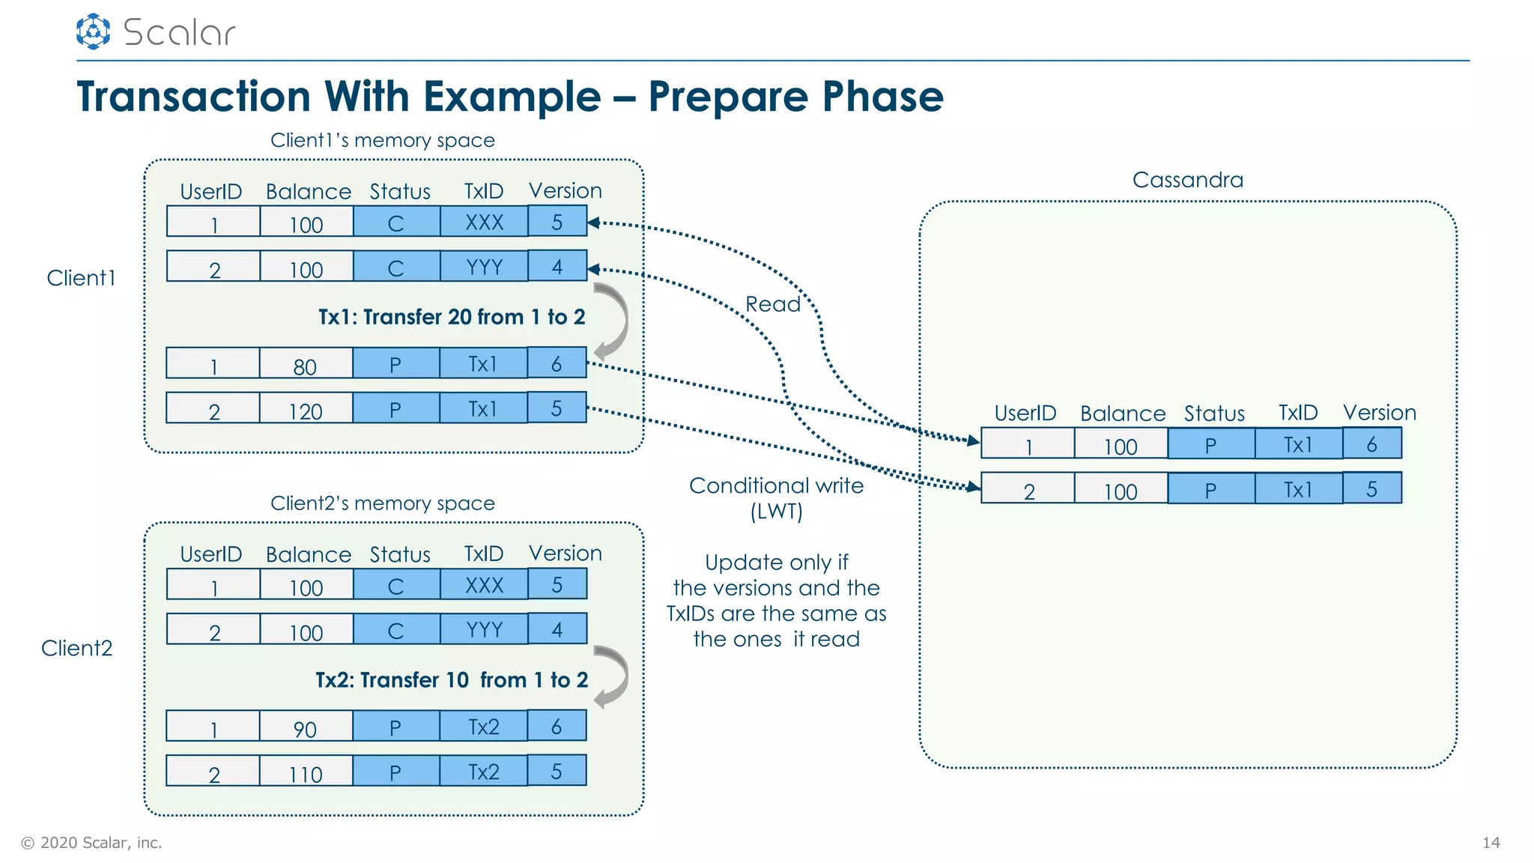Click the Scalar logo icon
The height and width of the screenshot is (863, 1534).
[93, 31]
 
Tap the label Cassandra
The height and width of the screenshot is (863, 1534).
[1187, 180]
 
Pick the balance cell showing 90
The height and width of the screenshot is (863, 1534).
[306, 727]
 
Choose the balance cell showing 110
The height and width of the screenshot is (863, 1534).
[306, 772]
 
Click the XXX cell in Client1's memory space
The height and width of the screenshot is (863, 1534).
[484, 222]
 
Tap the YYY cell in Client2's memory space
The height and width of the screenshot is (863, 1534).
[484, 629]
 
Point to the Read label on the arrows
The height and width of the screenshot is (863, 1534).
[772, 304]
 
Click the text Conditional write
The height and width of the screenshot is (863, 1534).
[776, 485]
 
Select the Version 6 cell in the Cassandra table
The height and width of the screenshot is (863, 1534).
[1371, 443]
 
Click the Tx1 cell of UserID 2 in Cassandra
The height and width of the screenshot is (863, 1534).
[1298, 488]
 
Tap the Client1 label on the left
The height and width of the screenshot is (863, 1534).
[81, 278]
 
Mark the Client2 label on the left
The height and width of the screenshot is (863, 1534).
[76, 648]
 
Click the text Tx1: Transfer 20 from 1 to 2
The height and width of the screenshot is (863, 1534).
[452, 317]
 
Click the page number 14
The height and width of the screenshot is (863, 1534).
[1491, 843]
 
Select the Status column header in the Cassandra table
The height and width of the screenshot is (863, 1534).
[1213, 414]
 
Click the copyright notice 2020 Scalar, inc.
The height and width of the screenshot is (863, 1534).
[91, 843]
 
